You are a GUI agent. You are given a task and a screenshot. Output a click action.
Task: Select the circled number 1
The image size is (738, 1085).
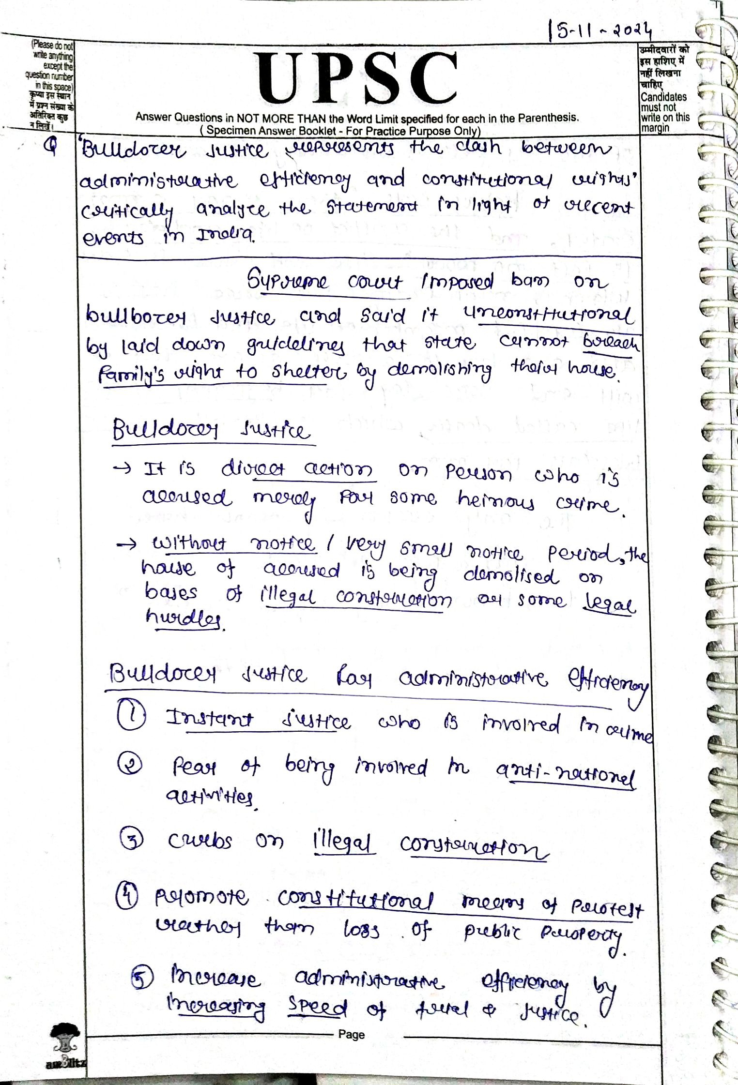point(131,716)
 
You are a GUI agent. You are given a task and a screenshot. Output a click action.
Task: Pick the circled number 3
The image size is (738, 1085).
point(132,840)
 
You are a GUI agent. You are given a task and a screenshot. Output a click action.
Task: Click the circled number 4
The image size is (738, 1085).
point(127,896)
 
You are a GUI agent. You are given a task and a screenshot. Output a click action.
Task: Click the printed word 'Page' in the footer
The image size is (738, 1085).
point(352,1035)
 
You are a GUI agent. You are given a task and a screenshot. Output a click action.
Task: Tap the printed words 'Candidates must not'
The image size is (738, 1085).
point(663,102)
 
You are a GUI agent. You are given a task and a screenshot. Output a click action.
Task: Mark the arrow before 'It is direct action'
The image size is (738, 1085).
point(122,468)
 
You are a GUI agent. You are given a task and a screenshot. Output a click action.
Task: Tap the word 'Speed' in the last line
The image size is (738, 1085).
point(317,1008)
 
